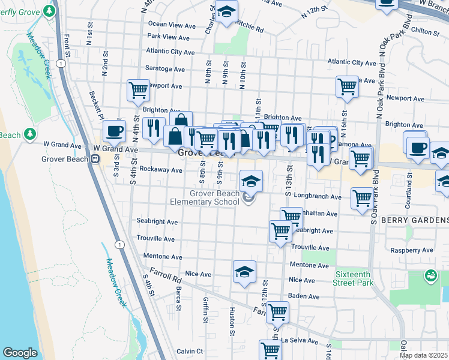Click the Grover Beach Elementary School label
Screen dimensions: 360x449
(214, 197)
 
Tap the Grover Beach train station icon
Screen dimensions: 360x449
(95, 158)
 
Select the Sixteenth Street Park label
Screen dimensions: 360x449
(353, 277)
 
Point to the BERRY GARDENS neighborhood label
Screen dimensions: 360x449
(414, 220)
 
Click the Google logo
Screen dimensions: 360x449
(19, 353)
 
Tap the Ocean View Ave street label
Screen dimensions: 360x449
(172, 25)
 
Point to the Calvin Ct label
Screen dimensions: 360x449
(190, 352)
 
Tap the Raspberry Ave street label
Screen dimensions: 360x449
(411, 250)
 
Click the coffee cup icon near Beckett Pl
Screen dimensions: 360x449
(114, 131)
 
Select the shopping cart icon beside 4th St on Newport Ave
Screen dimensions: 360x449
(138, 90)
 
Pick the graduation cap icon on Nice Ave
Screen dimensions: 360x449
(244, 272)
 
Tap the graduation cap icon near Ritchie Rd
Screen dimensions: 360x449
(226, 11)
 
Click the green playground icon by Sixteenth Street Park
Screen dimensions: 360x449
(430, 276)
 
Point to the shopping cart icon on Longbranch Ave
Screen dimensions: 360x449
(362, 197)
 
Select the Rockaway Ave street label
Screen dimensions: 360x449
(160, 170)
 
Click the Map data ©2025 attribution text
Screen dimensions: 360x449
(424, 355)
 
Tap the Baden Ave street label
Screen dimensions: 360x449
(303, 296)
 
